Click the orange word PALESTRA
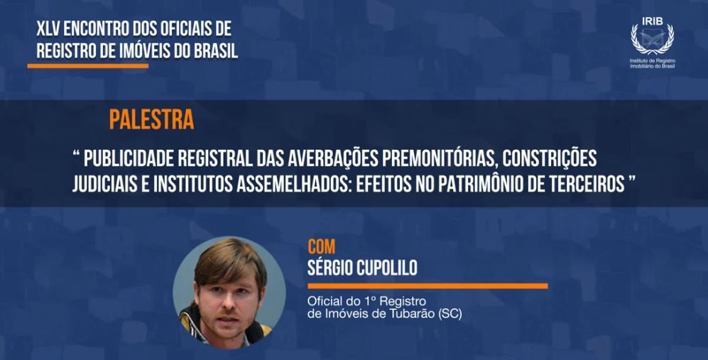coord(152,119)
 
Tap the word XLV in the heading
coord(48,29)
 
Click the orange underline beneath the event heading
coord(88,66)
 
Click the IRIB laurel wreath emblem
coord(652,39)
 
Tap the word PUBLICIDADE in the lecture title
coord(123,158)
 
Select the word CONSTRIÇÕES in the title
coord(550,158)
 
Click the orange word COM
coord(322,247)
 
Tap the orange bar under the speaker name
coord(427,286)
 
